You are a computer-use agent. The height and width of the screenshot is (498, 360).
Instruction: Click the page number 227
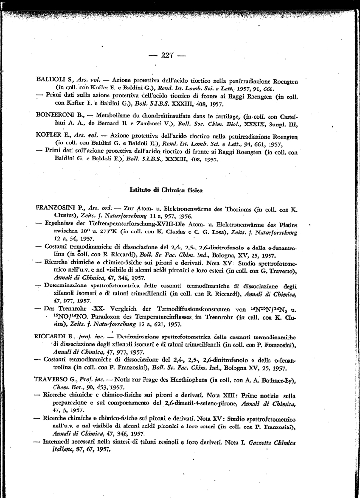tap(167, 55)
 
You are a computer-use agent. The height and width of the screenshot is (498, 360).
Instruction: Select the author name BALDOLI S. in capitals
tap(54, 79)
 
